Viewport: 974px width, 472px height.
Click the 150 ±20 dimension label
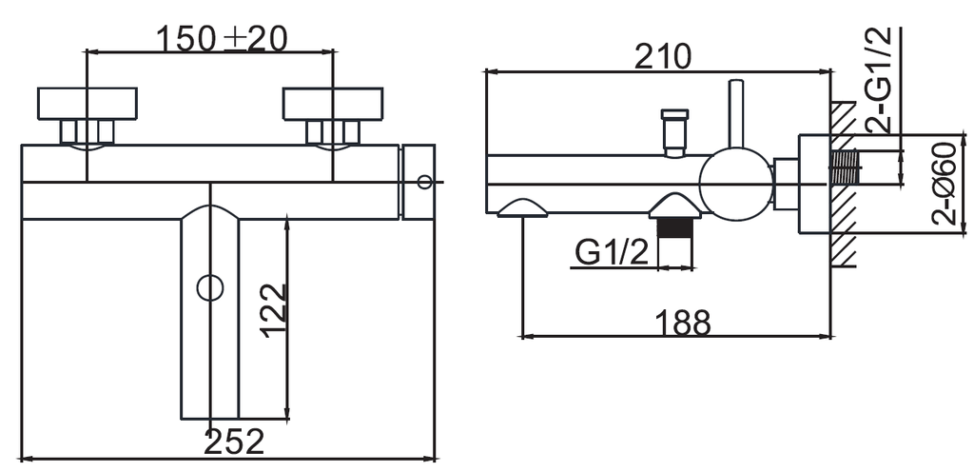[221, 39]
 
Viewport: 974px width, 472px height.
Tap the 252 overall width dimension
[234, 442]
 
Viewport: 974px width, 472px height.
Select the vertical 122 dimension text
[274, 310]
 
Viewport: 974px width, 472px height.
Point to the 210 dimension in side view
[662, 57]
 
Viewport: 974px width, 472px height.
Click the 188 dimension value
[682, 323]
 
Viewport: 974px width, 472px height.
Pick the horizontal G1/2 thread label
[612, 252]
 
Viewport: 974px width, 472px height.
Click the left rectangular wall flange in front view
[87, 104]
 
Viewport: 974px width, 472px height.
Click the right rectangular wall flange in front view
[333, 104]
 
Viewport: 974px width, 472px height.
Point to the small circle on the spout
[210, 287]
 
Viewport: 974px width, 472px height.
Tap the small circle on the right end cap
[424, 182]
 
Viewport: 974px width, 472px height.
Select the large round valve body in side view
[735, 185]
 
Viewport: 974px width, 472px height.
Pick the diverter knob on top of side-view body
[674, 132]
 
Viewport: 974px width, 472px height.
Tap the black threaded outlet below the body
[674, 228]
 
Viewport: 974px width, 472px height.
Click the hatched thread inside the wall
[845, 167]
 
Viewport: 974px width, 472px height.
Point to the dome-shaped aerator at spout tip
[522, 208]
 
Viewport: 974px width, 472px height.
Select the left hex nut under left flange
[68, 132]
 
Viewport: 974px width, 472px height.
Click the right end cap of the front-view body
[419, 182]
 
